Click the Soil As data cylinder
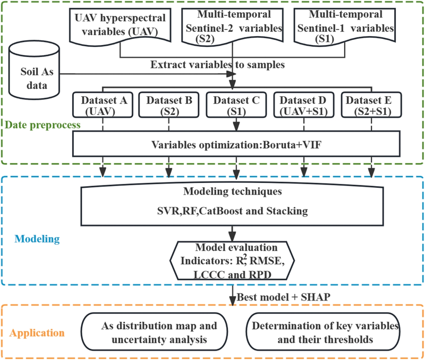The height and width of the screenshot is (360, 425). coord(34,71)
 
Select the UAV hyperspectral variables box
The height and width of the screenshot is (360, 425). coord(120,26)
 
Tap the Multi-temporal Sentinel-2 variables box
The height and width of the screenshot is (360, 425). coord(232,26)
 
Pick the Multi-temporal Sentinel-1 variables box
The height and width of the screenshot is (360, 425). coord(345,26)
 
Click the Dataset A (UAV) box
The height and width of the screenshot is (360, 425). coord(103,105)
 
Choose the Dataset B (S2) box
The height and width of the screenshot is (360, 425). coord(169,105)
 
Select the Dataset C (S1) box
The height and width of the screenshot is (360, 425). coord(236,105)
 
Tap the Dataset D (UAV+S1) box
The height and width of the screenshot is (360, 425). coord(304,105)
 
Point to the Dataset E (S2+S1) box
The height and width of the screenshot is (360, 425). coord(371,105)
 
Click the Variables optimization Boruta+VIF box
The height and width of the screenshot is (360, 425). coord(236,144)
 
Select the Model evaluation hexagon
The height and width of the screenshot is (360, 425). coord(232,261)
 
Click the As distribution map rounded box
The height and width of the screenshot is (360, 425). coord(154,332)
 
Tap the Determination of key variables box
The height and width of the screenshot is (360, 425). coord(323,332)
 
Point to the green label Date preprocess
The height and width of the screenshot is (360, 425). coord(43,125)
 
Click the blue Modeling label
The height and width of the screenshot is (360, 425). coord(37,239)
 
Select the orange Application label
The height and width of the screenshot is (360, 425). coord(37,333)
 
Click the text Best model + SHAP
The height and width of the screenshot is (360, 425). coord(284,297)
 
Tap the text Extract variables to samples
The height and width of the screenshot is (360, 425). coord(217,64)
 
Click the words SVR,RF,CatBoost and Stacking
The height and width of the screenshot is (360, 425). coord(233,211)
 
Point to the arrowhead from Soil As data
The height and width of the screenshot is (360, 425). coord(232,74)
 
